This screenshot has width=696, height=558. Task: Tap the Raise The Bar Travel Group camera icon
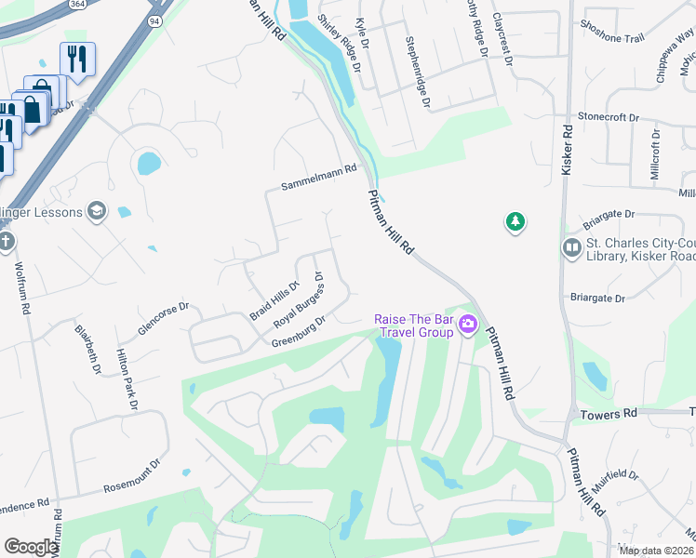[467, 325]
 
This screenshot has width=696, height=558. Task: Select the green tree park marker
[515, 221]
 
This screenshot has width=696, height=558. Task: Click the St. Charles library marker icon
[571, 247]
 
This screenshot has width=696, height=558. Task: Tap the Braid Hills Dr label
[273, 300]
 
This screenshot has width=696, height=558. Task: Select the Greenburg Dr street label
[299, 332]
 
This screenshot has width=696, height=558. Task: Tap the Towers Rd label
[609, 412]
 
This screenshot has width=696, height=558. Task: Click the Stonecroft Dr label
[609, 118]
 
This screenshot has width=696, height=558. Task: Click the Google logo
[30, 546]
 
